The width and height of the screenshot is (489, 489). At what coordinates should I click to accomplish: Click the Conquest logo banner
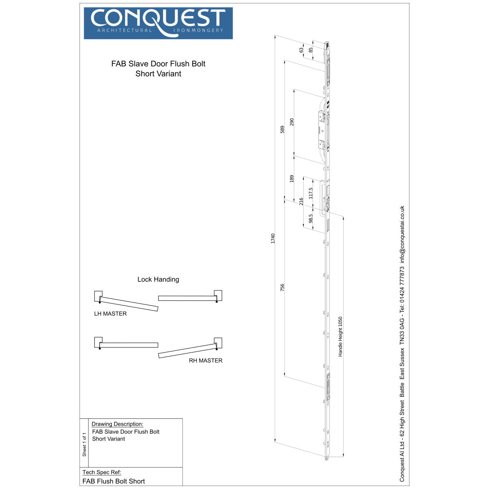pos(158,23)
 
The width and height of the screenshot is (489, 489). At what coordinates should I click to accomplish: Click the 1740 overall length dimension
pos(273,238)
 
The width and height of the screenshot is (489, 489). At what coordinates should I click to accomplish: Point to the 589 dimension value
pos(282,129)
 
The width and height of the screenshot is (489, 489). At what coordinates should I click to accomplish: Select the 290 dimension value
pos(292,122)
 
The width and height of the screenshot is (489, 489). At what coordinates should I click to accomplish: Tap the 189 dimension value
pos(292,179)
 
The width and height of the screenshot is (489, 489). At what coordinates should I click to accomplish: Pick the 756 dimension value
pos(282,287)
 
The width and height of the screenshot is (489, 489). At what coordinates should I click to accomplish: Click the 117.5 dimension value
pos(310,193)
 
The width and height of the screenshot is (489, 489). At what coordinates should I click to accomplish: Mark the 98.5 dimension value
pos(310,219)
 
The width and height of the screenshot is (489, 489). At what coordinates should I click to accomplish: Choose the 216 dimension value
pos(301,202)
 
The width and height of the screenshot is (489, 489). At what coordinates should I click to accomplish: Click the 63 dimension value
pos(301,50)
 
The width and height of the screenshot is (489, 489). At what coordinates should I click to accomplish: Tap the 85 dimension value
pos(310,50)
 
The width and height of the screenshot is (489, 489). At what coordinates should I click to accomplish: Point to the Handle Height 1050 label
pos(340,336)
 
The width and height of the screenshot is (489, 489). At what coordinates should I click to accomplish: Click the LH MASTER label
pos(111,314)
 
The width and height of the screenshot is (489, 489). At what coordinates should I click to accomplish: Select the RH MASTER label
pos(205,361)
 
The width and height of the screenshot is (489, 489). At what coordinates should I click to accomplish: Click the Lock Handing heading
pos(158,279)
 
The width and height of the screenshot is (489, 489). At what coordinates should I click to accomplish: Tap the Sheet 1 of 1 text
pos(84,445)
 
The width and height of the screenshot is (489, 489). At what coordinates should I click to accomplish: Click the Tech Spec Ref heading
pos(102,472)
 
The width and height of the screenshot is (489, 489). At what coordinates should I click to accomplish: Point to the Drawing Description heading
pos(117,424)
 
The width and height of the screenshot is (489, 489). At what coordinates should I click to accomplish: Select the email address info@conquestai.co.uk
pos(402,234)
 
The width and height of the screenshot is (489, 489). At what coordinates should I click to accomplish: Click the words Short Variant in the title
pos(158,74)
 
